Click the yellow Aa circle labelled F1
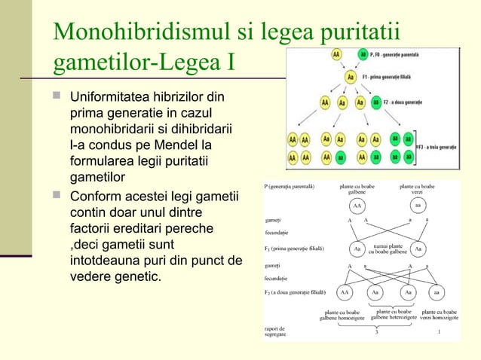(x=349, y=77)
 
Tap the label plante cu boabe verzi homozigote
(x=440, y=314)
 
